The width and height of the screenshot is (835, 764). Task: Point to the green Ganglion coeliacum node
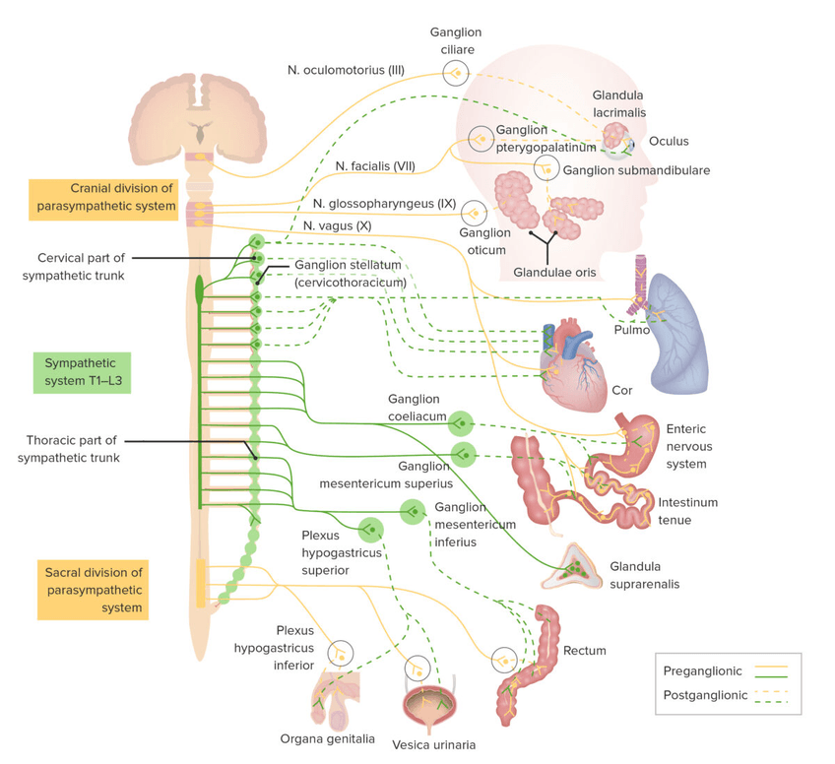tap(460, 423)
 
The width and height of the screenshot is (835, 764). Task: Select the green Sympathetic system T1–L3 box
tap(82, 373)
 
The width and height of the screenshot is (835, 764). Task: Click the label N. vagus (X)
tap(338, 225)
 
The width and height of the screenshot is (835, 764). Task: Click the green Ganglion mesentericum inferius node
tap(412, 510)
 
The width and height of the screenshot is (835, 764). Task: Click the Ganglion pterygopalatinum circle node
tap(482, 140)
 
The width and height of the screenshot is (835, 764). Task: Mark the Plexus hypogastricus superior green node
tap(370, 530)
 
